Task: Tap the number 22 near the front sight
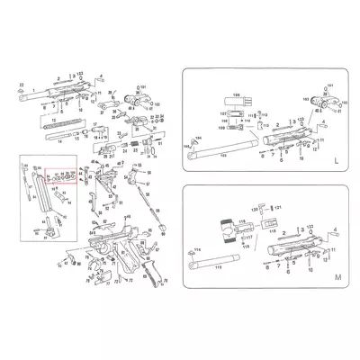point(21,83)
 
